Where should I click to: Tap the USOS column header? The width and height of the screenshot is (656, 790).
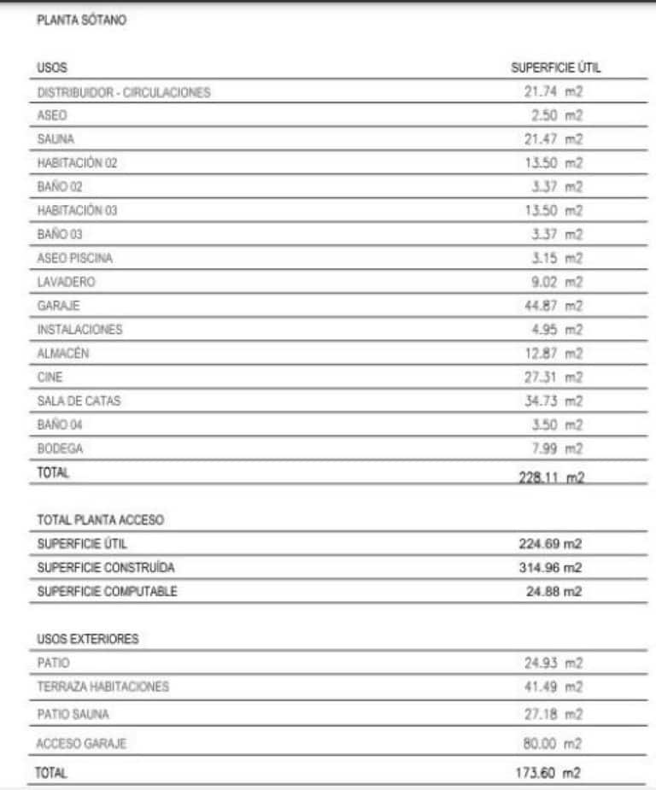pyautogui.click(x=51, y=67)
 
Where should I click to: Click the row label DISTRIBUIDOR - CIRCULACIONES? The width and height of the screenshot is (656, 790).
pyautogui.click(x=124, y=92)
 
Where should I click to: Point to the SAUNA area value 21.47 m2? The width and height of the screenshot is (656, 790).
pyautogui.click(x=552, y=138)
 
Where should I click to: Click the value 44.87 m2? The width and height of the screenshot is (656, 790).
pyautogui.click(x=552, y=306)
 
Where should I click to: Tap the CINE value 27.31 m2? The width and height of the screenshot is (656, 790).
pyautogui.click(x=552, y=377)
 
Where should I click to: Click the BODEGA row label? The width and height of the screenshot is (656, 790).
pyautogui.click(x=56, y=448)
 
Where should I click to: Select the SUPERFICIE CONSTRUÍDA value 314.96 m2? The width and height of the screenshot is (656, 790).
pyautogui.click(x=551, y=567)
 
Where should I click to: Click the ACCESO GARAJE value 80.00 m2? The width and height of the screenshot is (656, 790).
pyautogui.click(x=552, y=744)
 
